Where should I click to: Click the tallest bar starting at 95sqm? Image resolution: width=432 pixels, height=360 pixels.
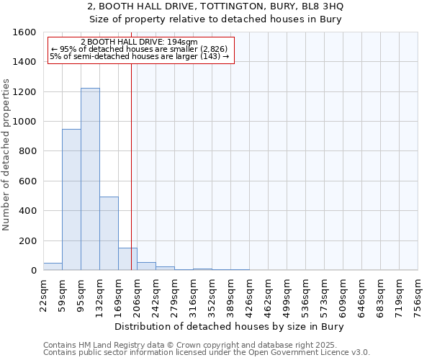(x=90, y=180)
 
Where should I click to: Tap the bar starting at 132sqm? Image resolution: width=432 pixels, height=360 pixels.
(x=109, y=234)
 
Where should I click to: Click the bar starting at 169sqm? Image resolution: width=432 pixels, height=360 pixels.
(x=127, y=259)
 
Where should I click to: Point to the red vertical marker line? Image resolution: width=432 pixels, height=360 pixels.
(x=131, y=166)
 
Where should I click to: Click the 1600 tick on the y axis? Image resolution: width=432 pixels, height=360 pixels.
(x=24, y=32)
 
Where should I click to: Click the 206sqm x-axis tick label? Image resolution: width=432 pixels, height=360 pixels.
(x=137, y=294)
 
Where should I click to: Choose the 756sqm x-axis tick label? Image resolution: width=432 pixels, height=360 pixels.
(x=418, y=294)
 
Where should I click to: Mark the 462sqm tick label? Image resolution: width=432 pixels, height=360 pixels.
(x=268, y=294)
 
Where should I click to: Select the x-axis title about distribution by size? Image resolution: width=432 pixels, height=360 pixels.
(x=230, y=327)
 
